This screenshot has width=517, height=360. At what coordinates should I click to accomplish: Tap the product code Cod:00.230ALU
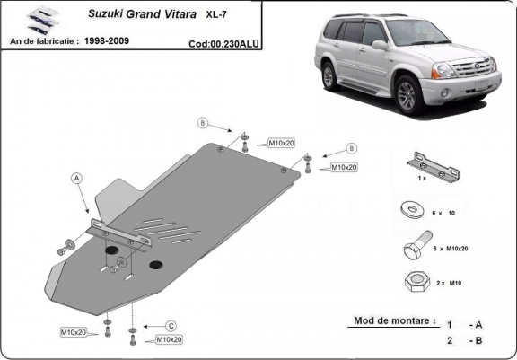224,42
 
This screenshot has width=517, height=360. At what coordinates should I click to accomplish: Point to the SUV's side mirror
380,44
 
